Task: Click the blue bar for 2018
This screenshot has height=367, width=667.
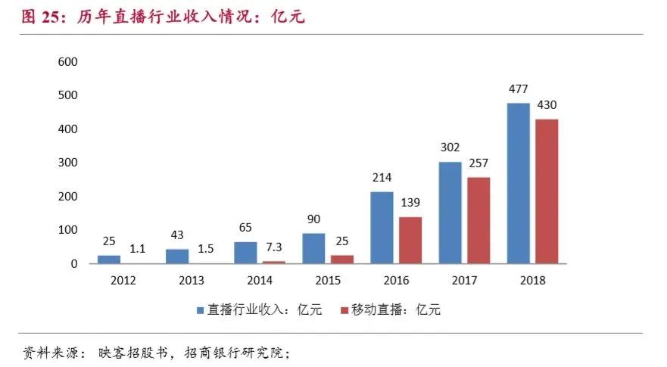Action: [519, 183]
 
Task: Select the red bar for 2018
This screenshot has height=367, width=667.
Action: [546, 191]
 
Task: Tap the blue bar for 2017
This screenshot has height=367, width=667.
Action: [450, 213]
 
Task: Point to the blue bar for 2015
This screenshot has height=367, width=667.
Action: [313, 248]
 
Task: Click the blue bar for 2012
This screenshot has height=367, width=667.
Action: [108, 259]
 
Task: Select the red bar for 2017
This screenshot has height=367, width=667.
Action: [478, 220]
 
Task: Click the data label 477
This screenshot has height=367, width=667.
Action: [519, 90]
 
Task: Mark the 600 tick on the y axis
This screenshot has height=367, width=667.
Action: [69, 62]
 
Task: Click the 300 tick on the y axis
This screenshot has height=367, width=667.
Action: [69, 163]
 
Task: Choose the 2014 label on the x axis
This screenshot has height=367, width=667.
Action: [260, 280]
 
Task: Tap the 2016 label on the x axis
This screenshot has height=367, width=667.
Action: [396, 280]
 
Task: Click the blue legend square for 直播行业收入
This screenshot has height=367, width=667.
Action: [200, 310]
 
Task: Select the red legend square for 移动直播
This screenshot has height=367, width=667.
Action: [344, 310]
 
